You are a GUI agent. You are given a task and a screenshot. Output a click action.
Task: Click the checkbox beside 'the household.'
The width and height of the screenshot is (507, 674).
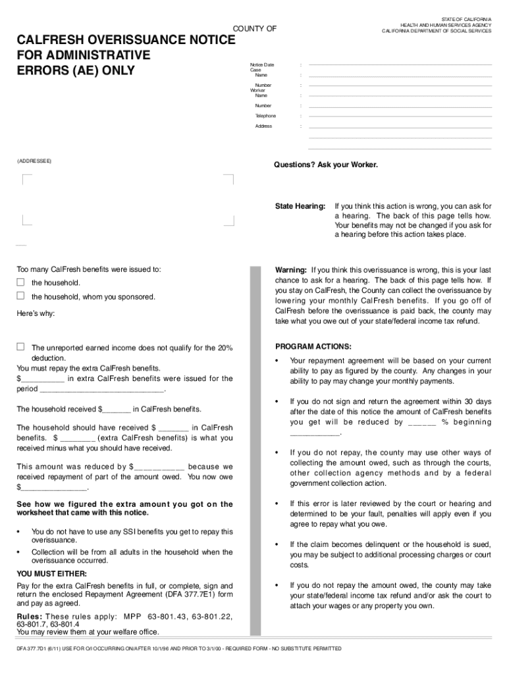click(x=20, y=282)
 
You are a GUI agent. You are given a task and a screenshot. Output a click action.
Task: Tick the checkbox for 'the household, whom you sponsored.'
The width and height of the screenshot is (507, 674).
click(x=20, y=296)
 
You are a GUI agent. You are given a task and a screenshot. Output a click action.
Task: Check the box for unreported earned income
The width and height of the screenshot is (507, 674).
click(x=20, y=347)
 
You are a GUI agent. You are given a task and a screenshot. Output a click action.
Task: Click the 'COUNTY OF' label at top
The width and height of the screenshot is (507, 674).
click(x=255, y=28)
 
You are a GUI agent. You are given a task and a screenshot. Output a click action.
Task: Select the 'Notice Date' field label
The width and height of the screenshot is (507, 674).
click(x=262, y=65)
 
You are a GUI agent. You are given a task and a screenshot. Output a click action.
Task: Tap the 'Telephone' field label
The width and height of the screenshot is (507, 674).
click(x=265, y=116)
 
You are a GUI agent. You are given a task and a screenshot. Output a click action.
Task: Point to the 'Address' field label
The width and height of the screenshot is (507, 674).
click(x=263, y=126)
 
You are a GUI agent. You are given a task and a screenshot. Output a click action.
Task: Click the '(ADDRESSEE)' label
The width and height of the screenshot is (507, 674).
click(x=34, y=161)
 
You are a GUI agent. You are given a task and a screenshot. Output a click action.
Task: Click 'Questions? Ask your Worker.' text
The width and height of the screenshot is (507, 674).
click(x=326, y=165)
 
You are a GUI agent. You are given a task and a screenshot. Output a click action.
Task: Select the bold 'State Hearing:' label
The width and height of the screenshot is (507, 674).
click(x=300, y=206)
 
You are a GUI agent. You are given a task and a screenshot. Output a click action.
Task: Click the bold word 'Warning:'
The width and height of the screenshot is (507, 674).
click(x=290, y=270)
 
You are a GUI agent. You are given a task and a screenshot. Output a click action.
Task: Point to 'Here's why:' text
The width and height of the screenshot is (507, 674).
click(x=36, y=314)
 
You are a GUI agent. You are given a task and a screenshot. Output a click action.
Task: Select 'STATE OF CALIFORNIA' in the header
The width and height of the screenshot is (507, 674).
click(x=466, y=20)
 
